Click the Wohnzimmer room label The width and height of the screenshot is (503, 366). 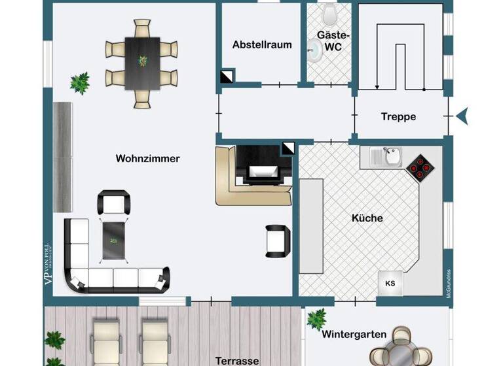[x=147, y=158]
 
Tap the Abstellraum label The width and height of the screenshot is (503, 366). [x=262, y=45]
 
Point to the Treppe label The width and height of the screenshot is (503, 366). [x=398, y=117]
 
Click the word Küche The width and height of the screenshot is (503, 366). [x=367, y=218]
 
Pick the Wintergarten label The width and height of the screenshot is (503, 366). [x=354, y=334]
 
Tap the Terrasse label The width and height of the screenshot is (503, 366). [x=237, y=360]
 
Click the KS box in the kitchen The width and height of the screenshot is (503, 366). [x=390, y=283]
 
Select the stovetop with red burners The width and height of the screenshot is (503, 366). [x=419, y=168]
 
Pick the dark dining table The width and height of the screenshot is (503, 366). [x=142, y=62]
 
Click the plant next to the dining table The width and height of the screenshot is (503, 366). [x=80, y=82]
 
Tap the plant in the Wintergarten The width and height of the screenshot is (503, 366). [x=316, y=319]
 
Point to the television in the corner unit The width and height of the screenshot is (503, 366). [x=261, y=172]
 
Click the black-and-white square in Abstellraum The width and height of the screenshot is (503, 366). [x=227, y=77]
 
